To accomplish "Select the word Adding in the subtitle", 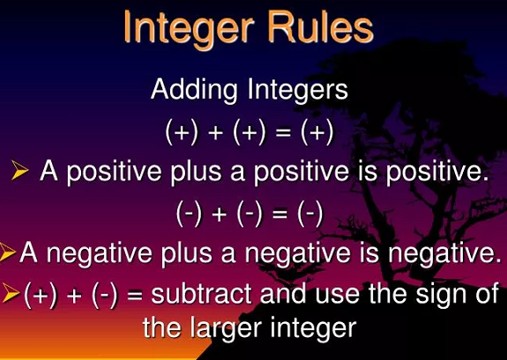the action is tap(194, 91).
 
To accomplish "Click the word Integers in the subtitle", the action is tap(298, 91).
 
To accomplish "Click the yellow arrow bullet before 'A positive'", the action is tap(20, 169).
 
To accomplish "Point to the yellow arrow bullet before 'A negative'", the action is tap(6, 251).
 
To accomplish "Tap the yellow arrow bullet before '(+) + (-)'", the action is tap(11, 292).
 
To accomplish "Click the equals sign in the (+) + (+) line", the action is tap(283, 133).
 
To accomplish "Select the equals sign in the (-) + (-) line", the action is tap(280, 214).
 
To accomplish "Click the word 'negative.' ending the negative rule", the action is tap(442, 254).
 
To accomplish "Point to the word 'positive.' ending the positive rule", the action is tap(436, 172).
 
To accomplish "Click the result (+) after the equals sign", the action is tap(317, 133).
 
